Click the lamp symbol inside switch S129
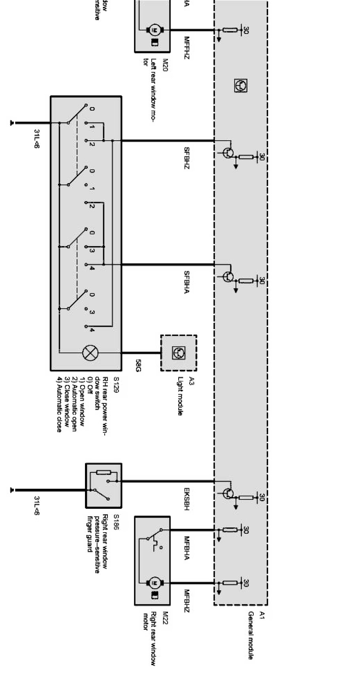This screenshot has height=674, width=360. [x=90, y=352]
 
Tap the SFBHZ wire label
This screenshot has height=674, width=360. [x=187, y=158]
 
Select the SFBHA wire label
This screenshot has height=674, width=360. [x=187, y=282]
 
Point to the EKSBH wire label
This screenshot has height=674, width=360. [x=187, y=499]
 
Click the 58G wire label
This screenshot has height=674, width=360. [x=138, y=366]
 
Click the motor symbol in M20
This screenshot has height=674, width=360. [x=153, y=30]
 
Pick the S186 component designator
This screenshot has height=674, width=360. [x=116, y=521]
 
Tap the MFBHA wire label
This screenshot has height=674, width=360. [x=187, y=548]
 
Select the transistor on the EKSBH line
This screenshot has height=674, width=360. [x=228, y=493]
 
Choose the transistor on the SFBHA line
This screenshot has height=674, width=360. [x=228, y=277]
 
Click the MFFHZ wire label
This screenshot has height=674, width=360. [x=187, y=48]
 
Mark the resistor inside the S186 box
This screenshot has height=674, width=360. [x=104, y=472]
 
